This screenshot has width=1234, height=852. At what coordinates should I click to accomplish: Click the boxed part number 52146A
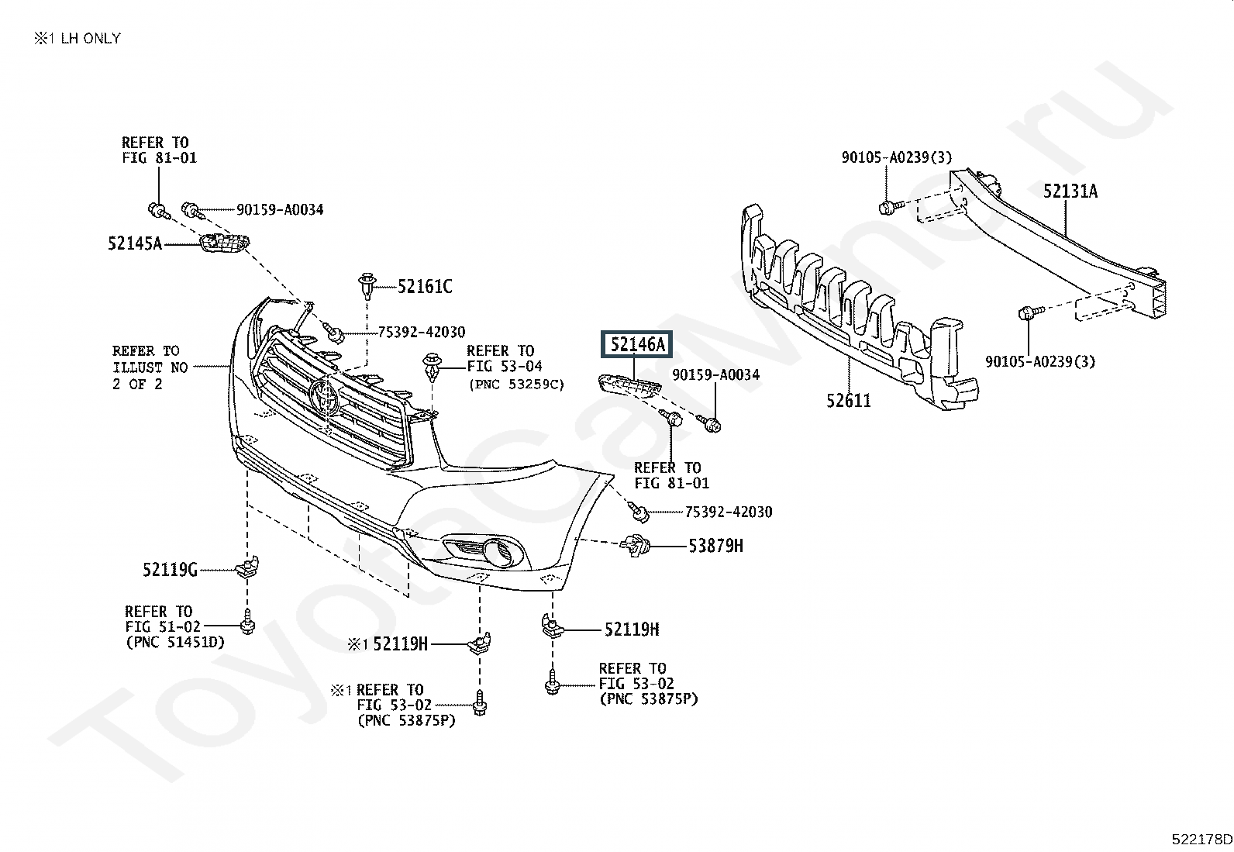click(636, 344)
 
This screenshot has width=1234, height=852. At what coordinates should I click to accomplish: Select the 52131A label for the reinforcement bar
click(1070, 191)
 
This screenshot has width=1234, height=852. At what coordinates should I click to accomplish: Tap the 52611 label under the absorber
click(848, 401)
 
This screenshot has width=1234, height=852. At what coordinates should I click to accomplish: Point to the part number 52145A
click(135, 243)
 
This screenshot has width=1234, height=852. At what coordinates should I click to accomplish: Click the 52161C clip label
click(425, 287)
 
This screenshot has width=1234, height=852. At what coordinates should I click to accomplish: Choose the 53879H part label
click(715, 546)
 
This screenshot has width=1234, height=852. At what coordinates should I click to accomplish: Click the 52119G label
click(170, 569)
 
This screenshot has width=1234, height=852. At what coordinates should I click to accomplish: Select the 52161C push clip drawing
click(367, 285)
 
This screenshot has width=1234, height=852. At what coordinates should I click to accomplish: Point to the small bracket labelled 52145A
click(223, 243)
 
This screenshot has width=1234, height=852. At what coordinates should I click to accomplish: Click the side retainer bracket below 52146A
click(629, 384)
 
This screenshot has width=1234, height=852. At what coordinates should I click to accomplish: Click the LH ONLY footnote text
click(91, 38)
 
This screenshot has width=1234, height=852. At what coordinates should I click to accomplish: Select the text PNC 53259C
click(517, 384)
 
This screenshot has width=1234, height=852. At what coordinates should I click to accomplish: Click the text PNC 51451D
click(175, 643)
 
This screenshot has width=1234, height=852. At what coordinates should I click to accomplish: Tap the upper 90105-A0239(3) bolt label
click(896, 157)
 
